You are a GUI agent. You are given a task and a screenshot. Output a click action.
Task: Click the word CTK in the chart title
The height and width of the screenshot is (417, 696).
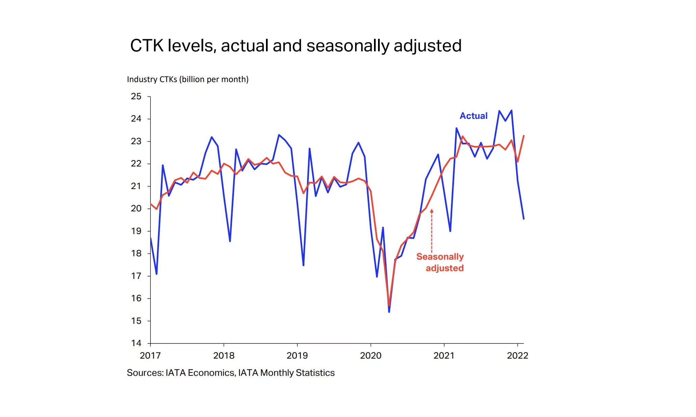coord(147,46)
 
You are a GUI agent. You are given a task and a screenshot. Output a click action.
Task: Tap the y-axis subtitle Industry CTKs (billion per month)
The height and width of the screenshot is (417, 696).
coord(188,79)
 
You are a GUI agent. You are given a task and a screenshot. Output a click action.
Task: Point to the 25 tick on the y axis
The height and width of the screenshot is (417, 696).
coord(136,97)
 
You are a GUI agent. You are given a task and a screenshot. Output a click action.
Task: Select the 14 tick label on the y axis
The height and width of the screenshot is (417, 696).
coord(136,343)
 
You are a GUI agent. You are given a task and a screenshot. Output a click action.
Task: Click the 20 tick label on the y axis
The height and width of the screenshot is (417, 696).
coord(136,208)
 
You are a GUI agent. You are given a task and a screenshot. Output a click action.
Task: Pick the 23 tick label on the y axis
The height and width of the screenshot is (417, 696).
coord(136,141)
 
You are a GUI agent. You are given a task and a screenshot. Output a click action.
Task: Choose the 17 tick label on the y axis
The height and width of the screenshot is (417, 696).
coord(136,276)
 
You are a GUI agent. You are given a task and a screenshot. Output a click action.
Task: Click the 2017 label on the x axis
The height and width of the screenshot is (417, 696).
coord(150,356)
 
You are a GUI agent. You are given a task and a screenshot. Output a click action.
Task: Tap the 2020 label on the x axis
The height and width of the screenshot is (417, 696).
coord(371,356)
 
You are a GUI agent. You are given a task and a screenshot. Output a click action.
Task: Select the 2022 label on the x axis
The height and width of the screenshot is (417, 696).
coord(517,356)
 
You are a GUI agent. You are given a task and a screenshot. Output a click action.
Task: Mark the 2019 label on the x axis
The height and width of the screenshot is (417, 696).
coord(297,356)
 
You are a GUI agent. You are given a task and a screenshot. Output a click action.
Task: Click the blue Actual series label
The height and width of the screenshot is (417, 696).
coord(473,116)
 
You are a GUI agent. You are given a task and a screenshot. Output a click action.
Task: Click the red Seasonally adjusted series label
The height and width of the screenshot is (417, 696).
coord(440,262)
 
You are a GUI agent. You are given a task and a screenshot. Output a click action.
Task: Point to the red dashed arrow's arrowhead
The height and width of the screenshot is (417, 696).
coord(432,211)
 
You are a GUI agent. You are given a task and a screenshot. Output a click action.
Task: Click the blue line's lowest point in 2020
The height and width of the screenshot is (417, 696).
coord(389,312)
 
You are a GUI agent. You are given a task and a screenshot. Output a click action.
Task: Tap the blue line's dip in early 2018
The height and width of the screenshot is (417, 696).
coord(230,241)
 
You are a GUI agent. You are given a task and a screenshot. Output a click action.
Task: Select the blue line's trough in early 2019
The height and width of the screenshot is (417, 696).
coord(303,265)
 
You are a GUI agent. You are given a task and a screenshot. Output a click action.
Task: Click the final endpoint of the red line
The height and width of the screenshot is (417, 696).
coord(524,136)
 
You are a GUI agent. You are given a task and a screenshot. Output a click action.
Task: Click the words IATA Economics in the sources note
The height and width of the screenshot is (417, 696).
coord(200,373)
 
